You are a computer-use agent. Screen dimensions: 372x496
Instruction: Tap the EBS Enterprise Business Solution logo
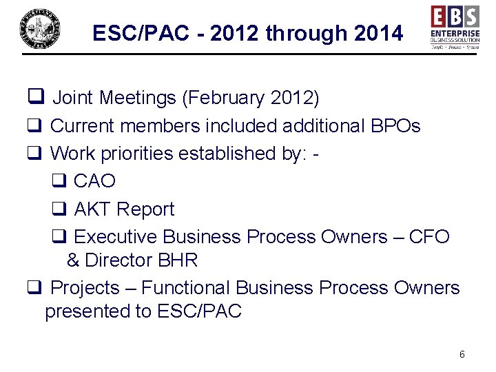(455, 27)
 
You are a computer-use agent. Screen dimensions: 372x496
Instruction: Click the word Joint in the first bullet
(73, 99)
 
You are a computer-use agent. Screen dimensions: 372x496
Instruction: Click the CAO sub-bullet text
(94, 181)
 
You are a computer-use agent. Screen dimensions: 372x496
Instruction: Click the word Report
(146, 209)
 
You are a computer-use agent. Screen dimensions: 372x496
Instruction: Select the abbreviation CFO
(428, 237)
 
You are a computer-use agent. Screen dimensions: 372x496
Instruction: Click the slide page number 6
(462, 354)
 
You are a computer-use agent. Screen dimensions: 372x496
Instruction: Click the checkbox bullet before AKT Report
(59, 209)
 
